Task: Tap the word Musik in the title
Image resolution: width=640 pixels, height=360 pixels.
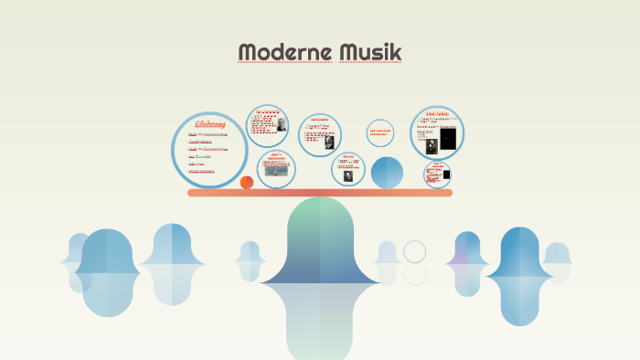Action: pos(370,53)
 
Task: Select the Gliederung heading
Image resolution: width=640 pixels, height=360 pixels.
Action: pos(210,123)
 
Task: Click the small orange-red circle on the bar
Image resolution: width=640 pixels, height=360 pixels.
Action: pos(247,183)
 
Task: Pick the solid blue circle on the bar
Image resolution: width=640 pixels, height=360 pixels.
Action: pos(387,172)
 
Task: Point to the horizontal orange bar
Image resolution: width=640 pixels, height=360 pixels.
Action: pos(320,193)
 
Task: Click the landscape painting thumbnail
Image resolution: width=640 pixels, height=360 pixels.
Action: pos(276,170)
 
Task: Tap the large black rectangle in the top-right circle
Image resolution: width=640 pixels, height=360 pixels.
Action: pos(448,139)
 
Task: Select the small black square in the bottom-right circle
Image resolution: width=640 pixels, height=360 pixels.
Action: pos(446,175)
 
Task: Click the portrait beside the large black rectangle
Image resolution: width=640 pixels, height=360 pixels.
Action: pos(432,144)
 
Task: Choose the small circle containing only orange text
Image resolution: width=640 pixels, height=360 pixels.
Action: pos(380,132)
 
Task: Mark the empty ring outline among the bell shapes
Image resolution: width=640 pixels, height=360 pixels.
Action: pos(415,251)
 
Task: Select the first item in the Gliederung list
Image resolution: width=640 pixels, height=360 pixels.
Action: pos(208,134)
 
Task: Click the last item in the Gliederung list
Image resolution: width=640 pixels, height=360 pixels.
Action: pos(202,171)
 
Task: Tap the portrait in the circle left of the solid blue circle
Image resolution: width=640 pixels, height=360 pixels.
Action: pos(348,176)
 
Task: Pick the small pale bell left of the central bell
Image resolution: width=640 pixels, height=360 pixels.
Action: pos(250,259)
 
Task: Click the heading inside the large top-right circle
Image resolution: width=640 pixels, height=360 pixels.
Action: pos(437,113)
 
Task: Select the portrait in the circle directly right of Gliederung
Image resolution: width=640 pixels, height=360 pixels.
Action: pos(281,126)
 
